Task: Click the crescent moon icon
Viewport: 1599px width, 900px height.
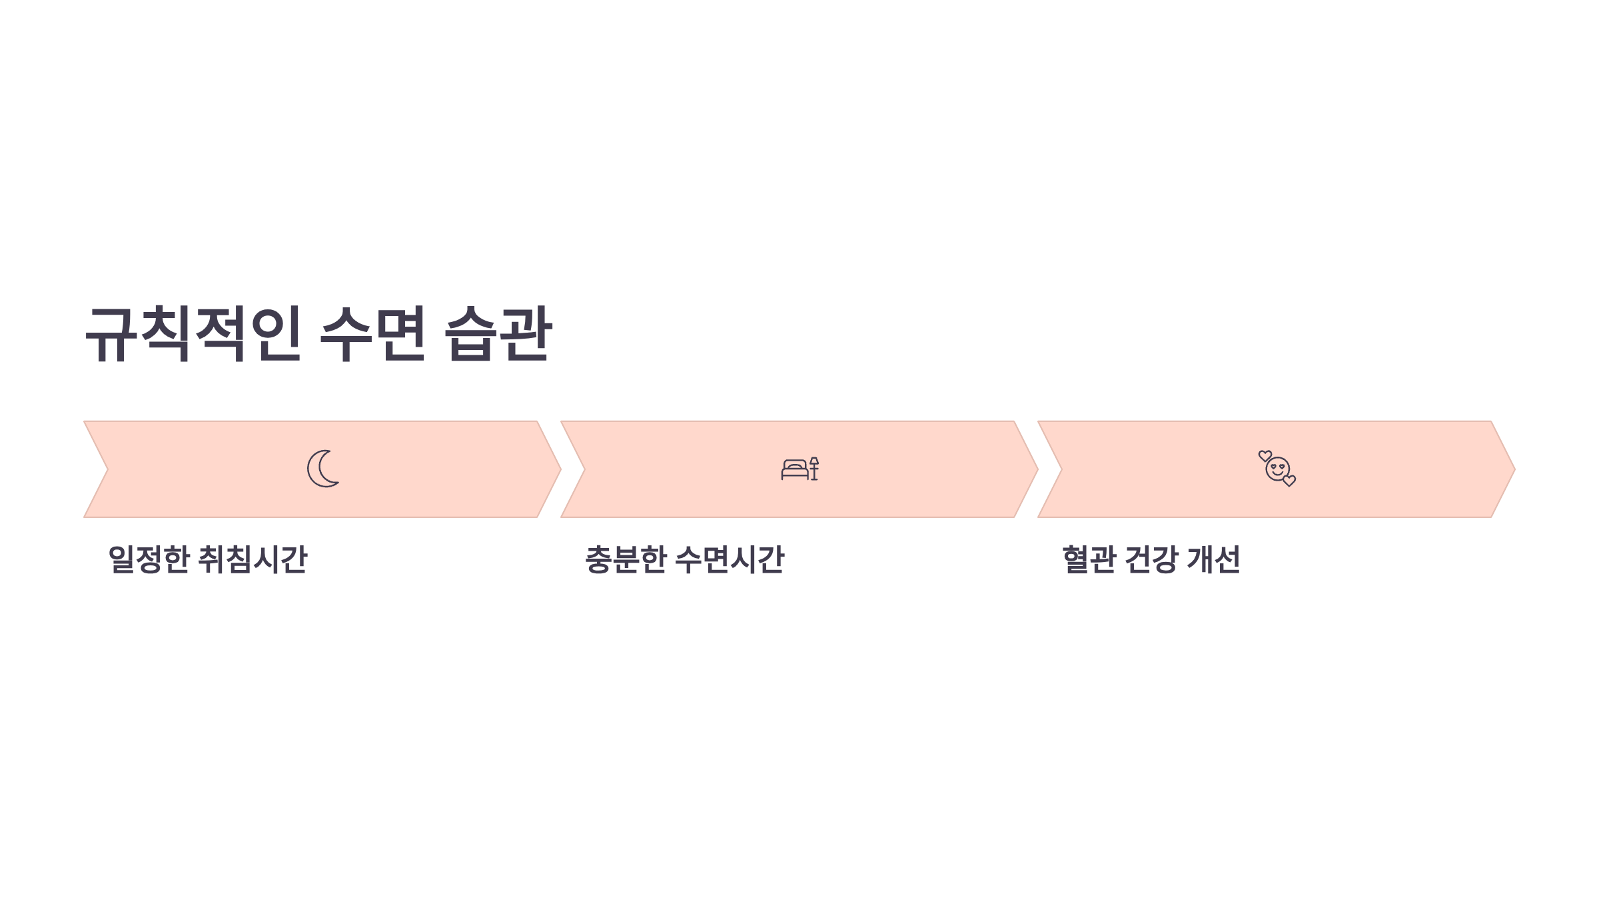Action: click(323, 469)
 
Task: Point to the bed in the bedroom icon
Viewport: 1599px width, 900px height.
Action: click(795, 469)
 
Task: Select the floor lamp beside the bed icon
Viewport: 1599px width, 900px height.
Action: click(814, 469)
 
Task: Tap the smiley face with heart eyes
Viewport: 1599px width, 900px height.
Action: click(1277, 469)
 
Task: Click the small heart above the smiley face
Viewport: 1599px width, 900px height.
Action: click(1265, 456)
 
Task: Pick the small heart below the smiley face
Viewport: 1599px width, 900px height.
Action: click(1289, 481)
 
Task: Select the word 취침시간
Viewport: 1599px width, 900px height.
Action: click(253, 559)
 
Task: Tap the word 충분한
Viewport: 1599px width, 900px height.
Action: click(626, 559)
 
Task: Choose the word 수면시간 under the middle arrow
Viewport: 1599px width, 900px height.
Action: click(730, 559)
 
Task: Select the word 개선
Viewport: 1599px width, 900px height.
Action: click(1214, 559)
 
